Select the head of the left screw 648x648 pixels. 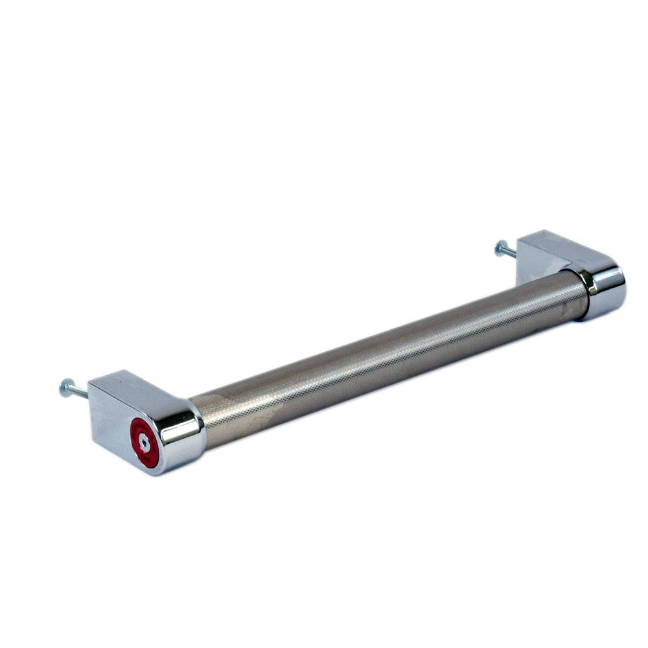(x=64, y=388)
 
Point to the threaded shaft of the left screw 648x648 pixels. (x=78, y=391)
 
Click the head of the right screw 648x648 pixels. (x=500, y=247)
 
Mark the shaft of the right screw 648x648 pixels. (x=509, y=250)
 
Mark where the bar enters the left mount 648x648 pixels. (x=198, y=421)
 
